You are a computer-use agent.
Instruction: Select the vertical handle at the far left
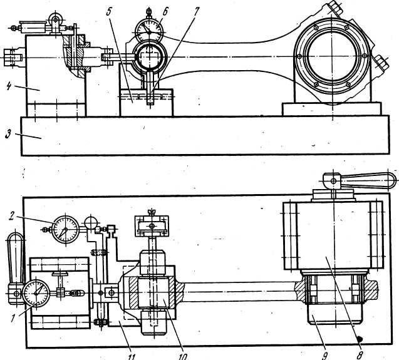(x=14, y=257)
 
